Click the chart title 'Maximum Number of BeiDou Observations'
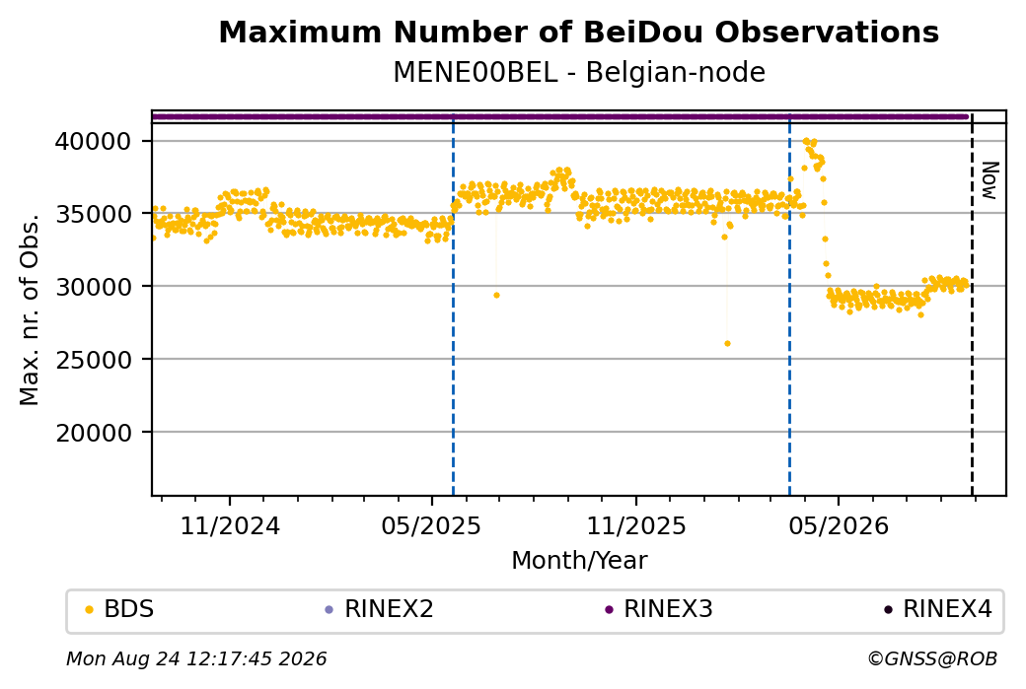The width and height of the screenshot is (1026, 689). [578, 32]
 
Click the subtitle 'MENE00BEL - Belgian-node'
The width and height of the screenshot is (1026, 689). [578, 72]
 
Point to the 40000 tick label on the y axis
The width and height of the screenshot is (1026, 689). [93, 141]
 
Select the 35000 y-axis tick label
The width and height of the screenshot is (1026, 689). [93, 214]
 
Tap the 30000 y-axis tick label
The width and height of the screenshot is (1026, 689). [93, 286]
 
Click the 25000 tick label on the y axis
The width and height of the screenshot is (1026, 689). [93, 360]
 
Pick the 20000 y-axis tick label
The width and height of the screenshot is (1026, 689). [93, 432]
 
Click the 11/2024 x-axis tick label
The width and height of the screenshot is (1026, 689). [230, 525]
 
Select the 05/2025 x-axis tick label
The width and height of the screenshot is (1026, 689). [431, 525]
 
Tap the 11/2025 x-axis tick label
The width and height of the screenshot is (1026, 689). [636, 525]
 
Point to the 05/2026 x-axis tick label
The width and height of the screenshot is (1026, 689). [839, 525]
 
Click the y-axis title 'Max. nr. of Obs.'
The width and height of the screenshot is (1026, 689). [30, 310]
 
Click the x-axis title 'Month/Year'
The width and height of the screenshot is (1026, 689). [579, 560]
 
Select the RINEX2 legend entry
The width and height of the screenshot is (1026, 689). [380, 609]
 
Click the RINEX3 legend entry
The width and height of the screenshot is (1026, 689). [659, 609]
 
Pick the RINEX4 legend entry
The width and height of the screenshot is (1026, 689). [938, 609]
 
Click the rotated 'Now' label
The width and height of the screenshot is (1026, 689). [990, 181]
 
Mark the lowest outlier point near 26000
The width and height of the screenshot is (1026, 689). [727, 343]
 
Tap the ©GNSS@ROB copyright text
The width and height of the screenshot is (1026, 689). [932, 658]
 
